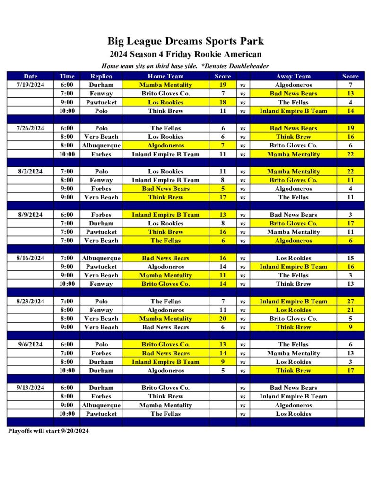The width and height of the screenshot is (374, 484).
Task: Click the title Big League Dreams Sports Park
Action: click(x=185, y=41)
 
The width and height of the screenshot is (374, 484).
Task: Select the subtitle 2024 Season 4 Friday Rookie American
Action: click(x=185, y=54)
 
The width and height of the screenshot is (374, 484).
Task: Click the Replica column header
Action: click(x=101, y=76)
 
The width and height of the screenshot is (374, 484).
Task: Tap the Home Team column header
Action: click(x=165, y=76)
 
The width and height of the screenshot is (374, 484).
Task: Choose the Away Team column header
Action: click(x=293, y=76)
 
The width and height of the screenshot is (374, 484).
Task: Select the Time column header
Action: click(x=67, y=76)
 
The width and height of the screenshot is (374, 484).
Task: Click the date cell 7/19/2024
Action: click(x=30, y=85)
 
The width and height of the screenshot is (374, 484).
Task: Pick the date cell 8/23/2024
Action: click(x=30, y=302)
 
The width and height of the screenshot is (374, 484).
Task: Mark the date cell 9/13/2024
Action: click(x=30, y=388)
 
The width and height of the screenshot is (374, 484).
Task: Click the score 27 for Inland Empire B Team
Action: click(x=350, y=302)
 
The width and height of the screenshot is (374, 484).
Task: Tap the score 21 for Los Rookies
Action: click(x=350, y=310)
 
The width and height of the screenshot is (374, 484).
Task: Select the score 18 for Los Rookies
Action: click(x=223, y=102)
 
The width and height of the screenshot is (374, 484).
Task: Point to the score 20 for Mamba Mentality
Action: click(x=223, y=319)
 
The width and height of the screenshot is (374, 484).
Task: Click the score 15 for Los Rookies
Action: click(x=350, y=258)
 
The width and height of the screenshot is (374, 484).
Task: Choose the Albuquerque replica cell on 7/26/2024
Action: click(x=101, y=146)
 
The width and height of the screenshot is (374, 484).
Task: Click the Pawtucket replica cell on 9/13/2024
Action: click(x=101, y=414)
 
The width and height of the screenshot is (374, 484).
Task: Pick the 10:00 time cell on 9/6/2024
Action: click(x=67, y=371)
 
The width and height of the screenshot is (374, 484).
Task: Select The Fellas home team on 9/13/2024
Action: click(x=165, y=414)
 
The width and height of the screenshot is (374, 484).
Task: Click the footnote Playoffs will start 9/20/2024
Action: click(x=48, y=431)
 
